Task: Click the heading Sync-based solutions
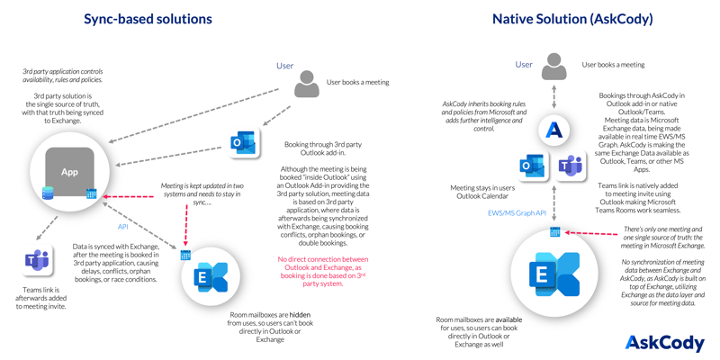click(148, 18)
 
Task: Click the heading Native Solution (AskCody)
click(572, 18)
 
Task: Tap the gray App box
click(69, 172)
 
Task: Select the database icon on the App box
click(48, 193)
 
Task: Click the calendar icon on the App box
click(92, 193)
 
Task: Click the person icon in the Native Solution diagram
click(554, 67)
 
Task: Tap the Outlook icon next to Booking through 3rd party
click(243, 143)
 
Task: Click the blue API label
click(123, 227)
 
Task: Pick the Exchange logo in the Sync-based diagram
click(212, 278)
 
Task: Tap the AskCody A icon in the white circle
click(554, 130)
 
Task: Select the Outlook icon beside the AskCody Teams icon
click(533, 166)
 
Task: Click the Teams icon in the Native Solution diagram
click(571, 166)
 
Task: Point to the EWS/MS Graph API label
click(517, 213)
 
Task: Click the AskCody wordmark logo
click(664, 342)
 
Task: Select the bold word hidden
click(301, 316)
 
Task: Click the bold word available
click(507, 319)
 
